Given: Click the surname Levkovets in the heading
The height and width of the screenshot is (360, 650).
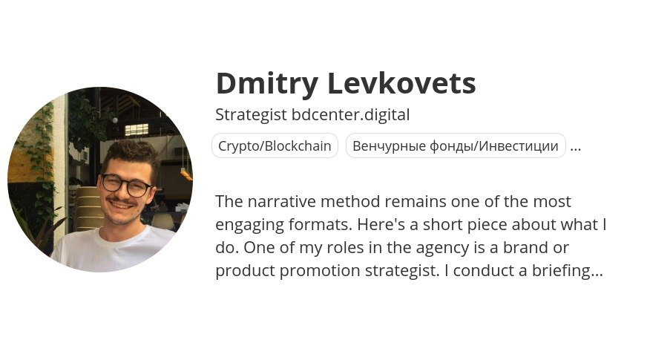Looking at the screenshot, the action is click(401, 83).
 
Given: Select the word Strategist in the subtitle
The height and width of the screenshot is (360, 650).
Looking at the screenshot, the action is click(251, 115).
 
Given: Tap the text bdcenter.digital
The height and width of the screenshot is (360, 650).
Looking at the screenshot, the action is click(350, 115).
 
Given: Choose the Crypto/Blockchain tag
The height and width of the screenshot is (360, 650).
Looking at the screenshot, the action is click(275, 145).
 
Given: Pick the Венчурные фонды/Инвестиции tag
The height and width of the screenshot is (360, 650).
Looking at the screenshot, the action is click(456, 145).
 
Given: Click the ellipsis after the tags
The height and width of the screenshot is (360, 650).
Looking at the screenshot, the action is click(576, 148).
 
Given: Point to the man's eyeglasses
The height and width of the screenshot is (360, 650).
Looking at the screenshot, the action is click(125, 184).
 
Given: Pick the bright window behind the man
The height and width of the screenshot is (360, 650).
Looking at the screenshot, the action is click(137, 129).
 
